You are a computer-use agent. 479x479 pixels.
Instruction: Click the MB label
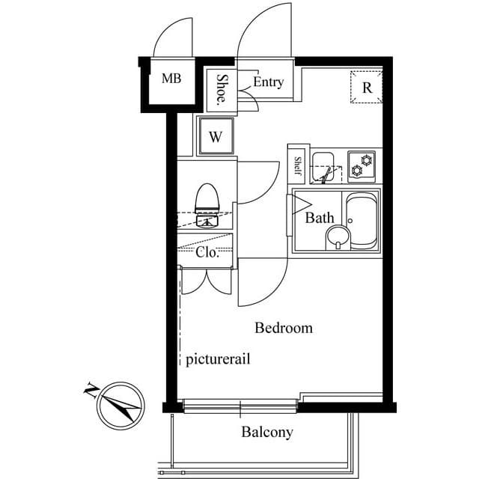click(x=171, y=79)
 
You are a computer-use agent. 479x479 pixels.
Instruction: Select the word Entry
click(x=268, y=82)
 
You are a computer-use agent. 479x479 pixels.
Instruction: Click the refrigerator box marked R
click(x=367, y=87)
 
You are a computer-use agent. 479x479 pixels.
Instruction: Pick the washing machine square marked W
click(x=216, y=137)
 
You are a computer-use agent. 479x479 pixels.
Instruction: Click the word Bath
click(x=319, y=219)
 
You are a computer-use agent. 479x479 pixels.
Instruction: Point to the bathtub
click(x=361, y=221)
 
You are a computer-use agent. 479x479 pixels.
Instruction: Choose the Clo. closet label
click(x=207, y=252)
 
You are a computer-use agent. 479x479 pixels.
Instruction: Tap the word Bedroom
click(x=284, y=328)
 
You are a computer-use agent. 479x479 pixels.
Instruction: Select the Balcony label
click(x=266, y=432)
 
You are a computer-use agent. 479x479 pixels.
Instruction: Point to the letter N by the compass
click(x=90, y=388)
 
